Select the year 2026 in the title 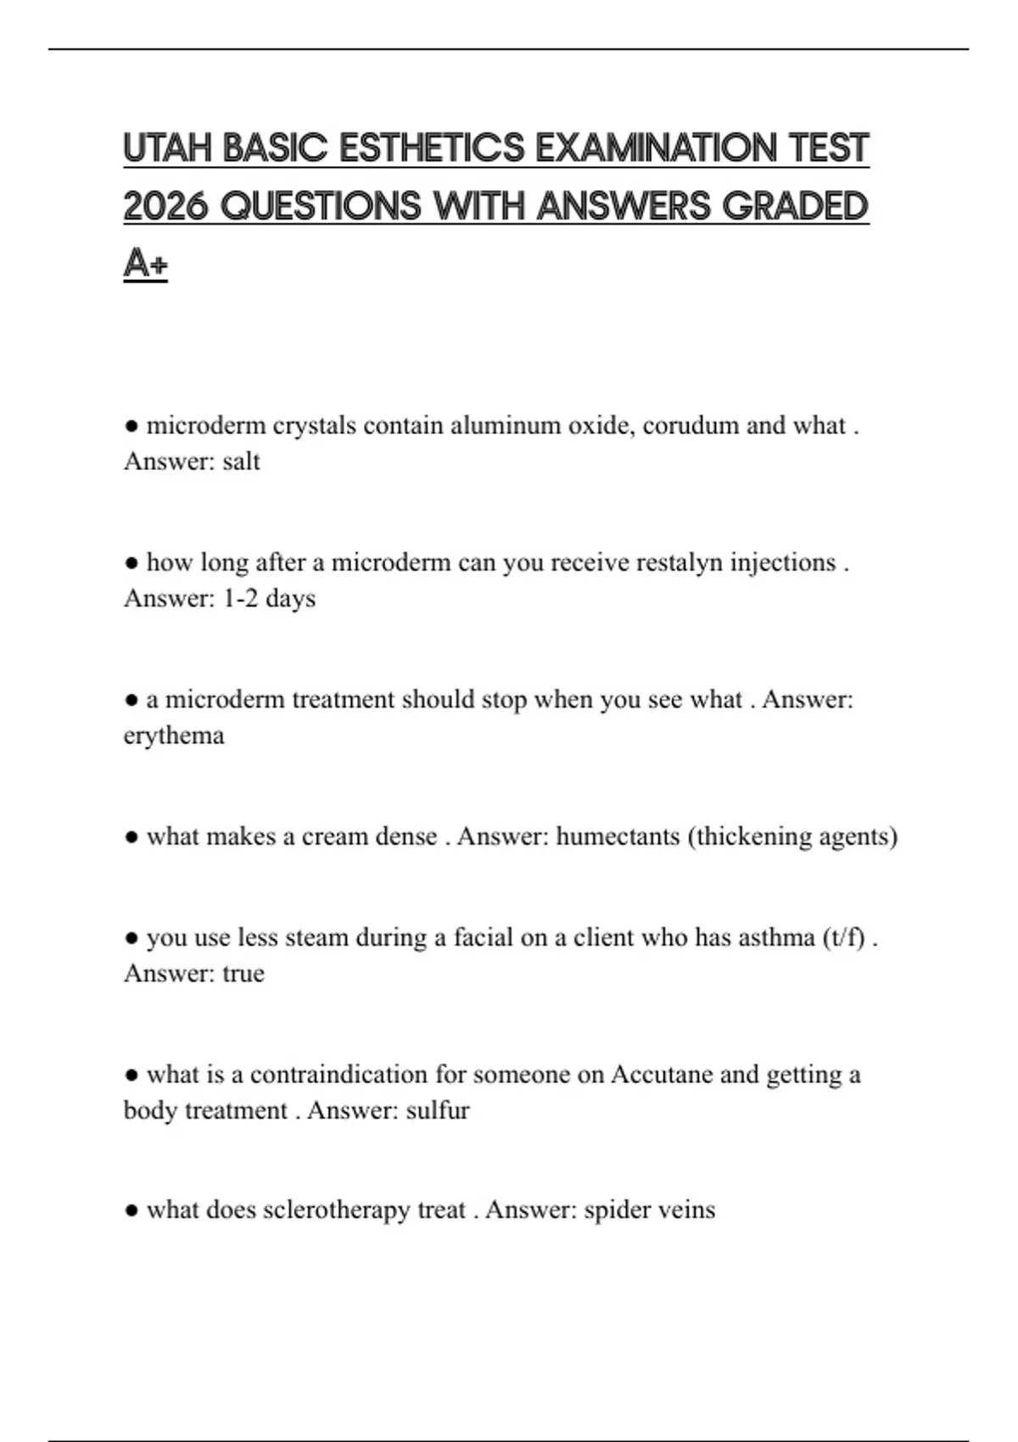pyautogui.click(x=165, y=206)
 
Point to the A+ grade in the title pyautogui.click(x=145, y=264)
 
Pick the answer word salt pyautogui.click(x=241, y=461)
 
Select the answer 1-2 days pyautogui.click(x=269, y=599)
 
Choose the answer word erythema pyautogui.click(x=174, y=735)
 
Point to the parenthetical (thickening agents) pyautogui.click(x=792, y=836)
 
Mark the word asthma pyautogui.click(x=776, y=937)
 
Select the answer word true pyautogui.click(x=243, y=974)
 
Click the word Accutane pyautogui.click(x=662, y=1075)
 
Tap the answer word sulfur pyautogui.click(x=438, y=1110)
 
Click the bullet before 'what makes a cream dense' pyautogui.click(x=131, y=837)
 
